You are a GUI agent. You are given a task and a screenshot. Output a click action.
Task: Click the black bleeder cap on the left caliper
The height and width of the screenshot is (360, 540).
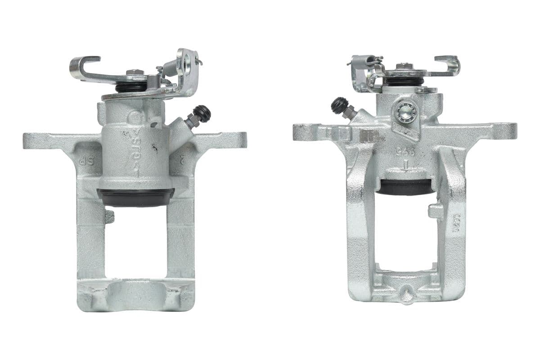(202, 112)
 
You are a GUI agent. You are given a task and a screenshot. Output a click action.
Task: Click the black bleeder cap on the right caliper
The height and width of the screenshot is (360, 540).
(337, 105)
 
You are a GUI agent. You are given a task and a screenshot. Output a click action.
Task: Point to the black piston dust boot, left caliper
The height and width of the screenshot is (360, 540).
(135, 197)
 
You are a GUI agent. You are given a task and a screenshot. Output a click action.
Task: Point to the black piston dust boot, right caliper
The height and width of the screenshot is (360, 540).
(405, 187)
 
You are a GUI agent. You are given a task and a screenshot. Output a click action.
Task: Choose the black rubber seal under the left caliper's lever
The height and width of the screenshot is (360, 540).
(131, 87)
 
